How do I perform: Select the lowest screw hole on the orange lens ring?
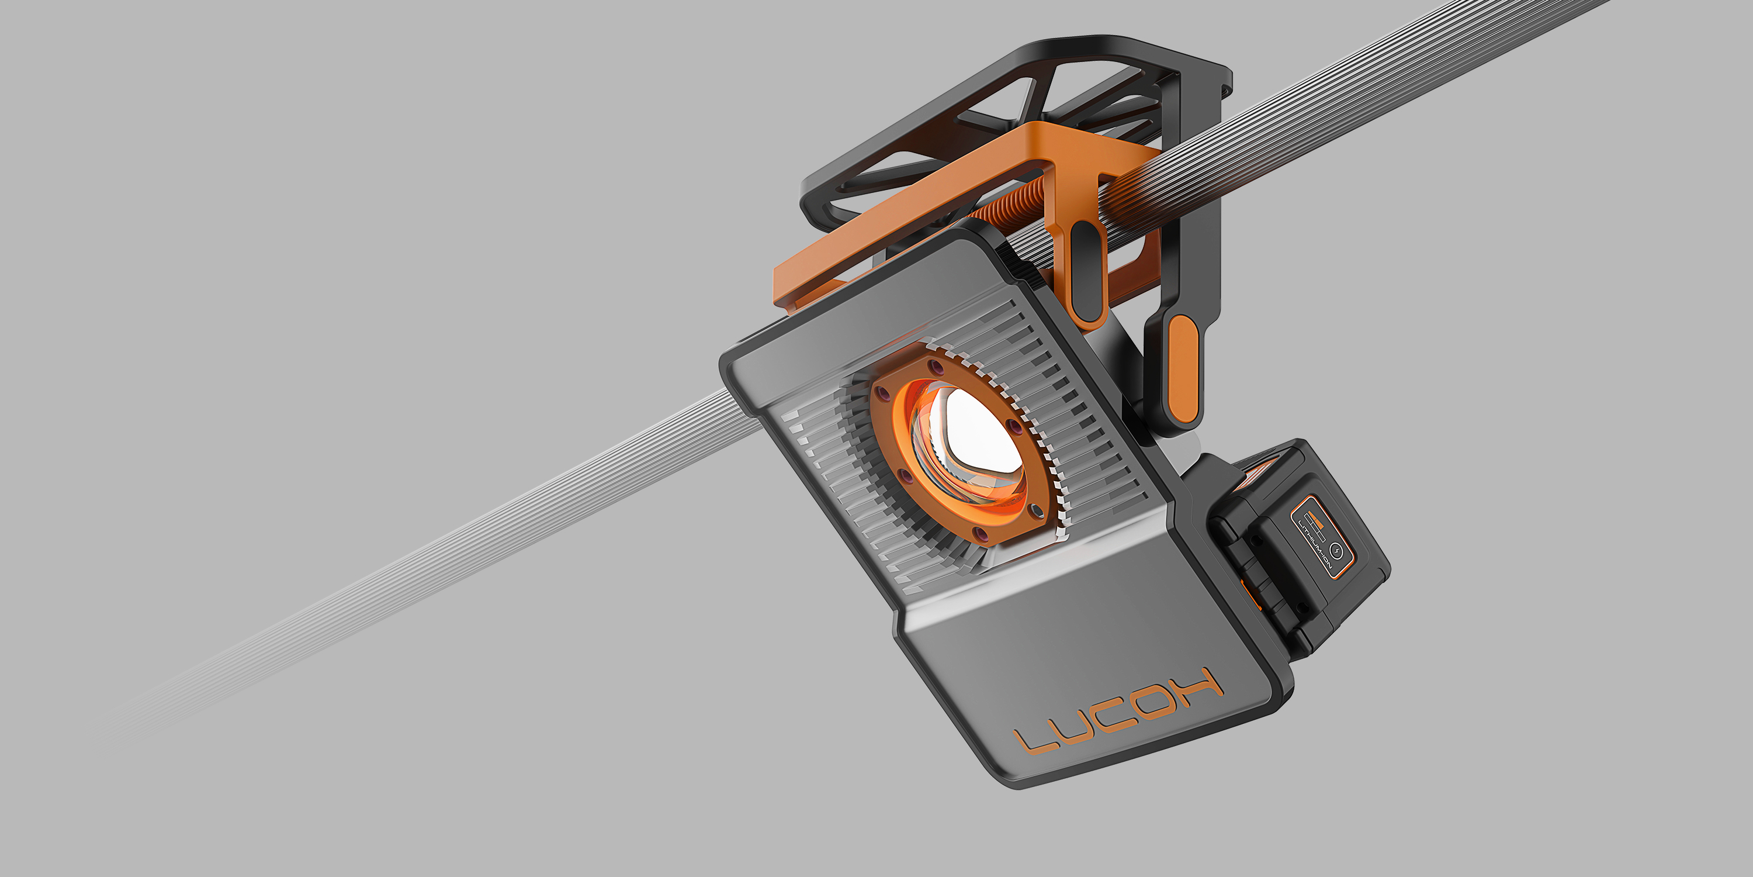click(x=981, y=534)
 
